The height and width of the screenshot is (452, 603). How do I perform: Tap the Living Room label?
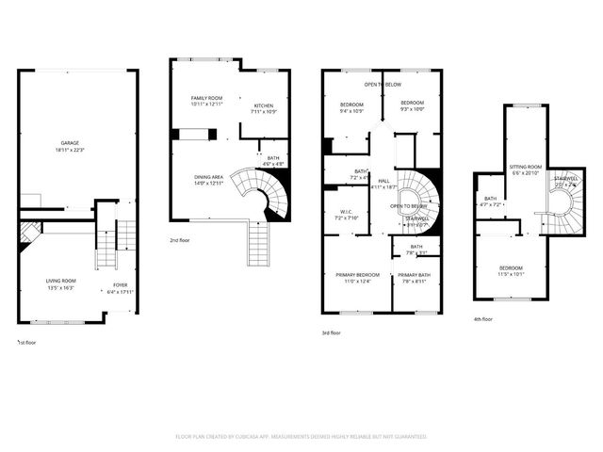(61, 281)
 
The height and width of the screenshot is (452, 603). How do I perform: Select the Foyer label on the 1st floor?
(121, 284)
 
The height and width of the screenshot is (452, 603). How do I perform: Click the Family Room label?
(206, 98)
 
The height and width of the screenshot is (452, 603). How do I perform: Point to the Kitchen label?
(263, 105)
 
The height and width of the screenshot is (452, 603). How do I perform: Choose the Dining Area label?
(209, 176)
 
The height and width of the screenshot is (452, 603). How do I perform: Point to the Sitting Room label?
(526, 166)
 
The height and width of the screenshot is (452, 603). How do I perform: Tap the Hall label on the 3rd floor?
(383, 180)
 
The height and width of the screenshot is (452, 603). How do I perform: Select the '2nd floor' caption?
(181, 240)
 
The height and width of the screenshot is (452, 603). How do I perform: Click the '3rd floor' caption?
(332, 331)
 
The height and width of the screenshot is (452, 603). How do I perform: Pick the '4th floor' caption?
(483, 319)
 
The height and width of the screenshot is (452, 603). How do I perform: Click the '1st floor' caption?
(28, 342)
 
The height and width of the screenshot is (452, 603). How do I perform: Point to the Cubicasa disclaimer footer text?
(301, 436)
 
